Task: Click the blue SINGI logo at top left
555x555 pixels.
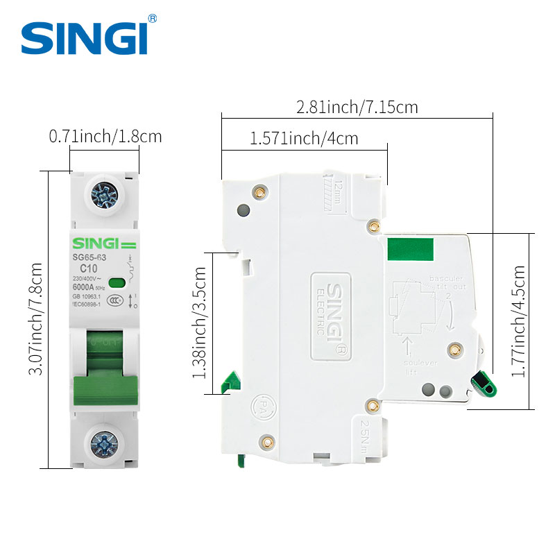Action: (85, 37)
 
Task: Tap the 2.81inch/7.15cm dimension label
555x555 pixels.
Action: (357, 108)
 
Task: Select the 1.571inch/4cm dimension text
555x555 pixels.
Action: (304, 138)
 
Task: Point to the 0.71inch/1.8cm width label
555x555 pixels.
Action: (105, 136)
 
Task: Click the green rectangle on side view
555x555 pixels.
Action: (411, 249)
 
